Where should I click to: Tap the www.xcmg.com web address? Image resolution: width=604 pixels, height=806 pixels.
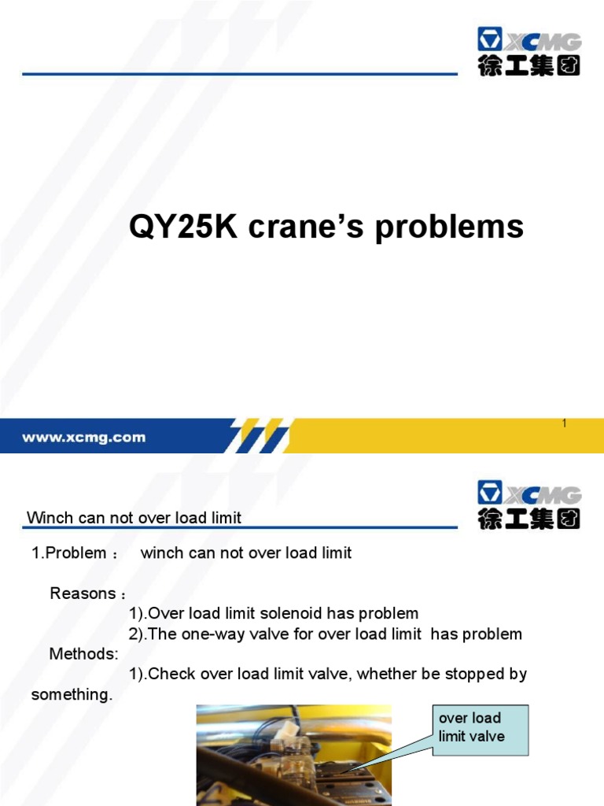pos(83,438)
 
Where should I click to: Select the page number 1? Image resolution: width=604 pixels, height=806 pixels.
pos(565,424)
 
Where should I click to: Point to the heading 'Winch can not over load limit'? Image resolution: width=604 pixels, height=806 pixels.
pos(134,518)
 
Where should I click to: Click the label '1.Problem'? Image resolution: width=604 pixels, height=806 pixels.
pos(68,553)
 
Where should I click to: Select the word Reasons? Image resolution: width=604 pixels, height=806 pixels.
pos(83,593)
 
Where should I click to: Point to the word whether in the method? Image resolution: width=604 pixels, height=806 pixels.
pos(375,675)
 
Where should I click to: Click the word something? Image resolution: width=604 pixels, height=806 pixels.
pos(72,695)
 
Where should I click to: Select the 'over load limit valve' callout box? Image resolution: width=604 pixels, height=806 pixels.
pos(480,727)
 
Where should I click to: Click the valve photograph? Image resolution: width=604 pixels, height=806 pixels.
pos(293,756)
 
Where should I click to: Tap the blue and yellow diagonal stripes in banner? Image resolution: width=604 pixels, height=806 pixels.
pos(260,436)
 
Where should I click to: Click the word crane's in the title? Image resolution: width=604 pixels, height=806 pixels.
pos(304,227)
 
